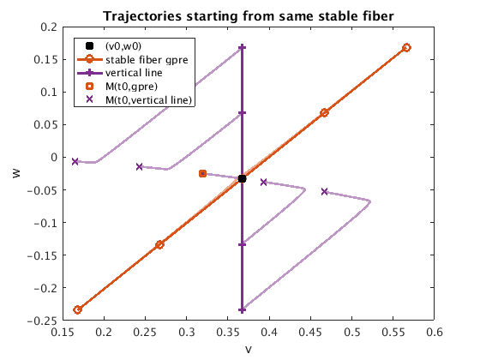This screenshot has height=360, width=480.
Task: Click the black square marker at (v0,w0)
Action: (242, 179)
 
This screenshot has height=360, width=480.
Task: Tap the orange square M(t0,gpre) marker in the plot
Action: (202, 173)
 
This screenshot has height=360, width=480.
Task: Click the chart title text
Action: (249, 16)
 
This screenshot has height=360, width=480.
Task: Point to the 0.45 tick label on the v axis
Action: (310, 333)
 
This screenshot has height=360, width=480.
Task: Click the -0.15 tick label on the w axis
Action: (42, 255)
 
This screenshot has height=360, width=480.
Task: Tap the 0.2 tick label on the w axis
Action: (49, 27)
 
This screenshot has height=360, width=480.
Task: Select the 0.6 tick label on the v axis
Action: (434, 333)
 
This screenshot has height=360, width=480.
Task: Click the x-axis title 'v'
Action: (249, 350)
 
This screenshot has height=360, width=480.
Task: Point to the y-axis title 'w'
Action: (16, 173)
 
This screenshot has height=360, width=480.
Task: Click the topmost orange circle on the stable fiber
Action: (406, 47)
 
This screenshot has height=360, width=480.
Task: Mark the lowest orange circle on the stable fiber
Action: (78, 309)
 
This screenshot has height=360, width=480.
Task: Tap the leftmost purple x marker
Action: (75, 161)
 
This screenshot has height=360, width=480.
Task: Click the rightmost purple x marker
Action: (325, 192)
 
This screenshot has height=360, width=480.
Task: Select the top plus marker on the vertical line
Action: (242, 47)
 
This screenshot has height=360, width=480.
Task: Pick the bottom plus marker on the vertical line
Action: (242, 310)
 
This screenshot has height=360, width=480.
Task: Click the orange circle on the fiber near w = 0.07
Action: (325, 113)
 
